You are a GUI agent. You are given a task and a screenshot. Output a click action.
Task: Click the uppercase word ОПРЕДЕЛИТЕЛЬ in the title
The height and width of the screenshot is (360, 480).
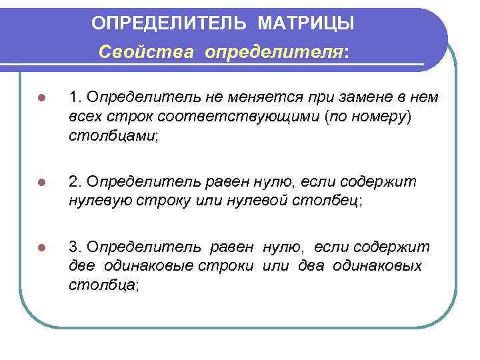tap(169, 24)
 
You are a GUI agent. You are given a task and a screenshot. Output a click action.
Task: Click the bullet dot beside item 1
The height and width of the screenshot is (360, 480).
tap(41, 98)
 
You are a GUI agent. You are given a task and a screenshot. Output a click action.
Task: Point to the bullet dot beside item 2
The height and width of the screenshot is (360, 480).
tap(41, 182)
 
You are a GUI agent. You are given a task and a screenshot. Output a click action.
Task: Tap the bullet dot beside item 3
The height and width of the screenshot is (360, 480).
tap(41, 248)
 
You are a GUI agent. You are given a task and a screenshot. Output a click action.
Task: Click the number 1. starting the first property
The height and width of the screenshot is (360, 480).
tap(75, 97)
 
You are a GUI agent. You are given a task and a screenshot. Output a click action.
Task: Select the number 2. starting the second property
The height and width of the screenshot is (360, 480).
tap(75, 181)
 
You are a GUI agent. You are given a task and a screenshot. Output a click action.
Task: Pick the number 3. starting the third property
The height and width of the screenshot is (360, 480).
tap(75, 247)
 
